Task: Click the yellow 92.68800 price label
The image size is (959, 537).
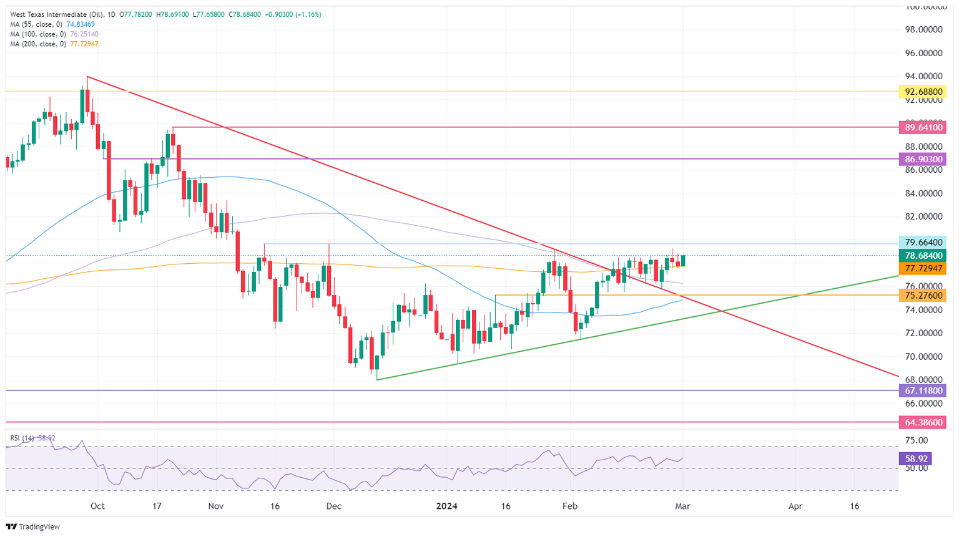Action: (x=922, y=92)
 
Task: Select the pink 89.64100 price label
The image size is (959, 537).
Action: (x=922, y=128)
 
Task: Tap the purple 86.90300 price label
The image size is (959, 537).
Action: (x=922, y=160)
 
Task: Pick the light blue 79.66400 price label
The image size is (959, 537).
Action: (x=922, y=243)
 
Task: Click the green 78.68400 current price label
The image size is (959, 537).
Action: (x=922, y=256)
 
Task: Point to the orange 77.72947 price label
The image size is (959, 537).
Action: (x=922, y=268)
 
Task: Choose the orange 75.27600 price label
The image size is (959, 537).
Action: (x=922, y=296)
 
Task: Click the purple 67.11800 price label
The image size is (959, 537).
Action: (x=922, y=390)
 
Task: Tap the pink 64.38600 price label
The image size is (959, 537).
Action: (x=922, y=422)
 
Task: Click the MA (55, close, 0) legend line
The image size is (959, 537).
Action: (x=52, y=24)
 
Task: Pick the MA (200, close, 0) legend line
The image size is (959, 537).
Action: (x=54, y=44)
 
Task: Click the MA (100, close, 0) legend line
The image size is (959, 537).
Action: (x=54, y=34)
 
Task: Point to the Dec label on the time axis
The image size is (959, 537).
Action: (x=334, y=506)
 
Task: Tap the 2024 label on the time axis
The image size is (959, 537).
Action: (x=446, y=506)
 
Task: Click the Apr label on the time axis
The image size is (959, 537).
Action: (x=795, y=506)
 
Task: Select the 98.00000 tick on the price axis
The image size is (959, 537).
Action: (x=922, y=30)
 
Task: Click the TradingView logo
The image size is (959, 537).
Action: (x=34, y=527)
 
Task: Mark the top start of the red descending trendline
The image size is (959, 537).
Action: (x=87, y=77)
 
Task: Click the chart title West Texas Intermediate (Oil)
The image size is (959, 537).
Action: (x=53, y=14)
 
